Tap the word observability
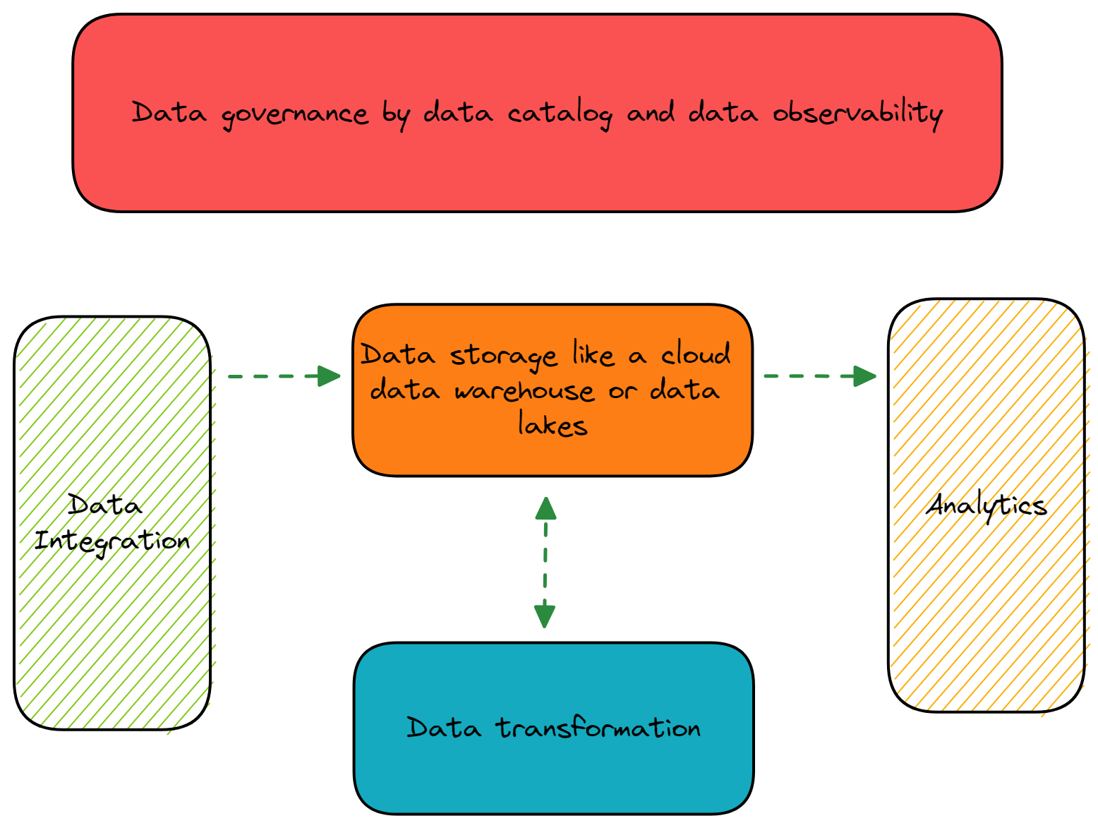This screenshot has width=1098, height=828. pos(857,113)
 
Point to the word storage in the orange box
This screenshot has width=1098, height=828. pos(504,356)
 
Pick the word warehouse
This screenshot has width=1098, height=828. pos(524,390)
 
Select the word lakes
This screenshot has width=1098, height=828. pos(552,425)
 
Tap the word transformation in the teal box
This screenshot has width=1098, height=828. pos(598,728)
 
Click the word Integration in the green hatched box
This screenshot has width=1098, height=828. pos(112,541)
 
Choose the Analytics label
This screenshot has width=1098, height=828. pos(986,505)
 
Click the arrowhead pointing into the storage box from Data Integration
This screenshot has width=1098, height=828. pos(330,376)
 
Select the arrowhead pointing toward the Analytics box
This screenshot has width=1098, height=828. pos(864,376)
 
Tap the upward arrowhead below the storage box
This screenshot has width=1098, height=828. pos(545,508)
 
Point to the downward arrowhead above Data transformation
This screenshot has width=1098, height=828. pos(545,616)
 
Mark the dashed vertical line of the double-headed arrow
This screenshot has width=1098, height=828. pos(545,562)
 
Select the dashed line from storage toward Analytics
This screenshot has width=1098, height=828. pos(808,376)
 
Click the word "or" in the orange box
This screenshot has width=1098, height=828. pos(622,391)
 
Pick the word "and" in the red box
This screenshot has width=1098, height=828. pos(651,113)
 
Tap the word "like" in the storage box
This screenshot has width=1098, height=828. pos(593,354)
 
